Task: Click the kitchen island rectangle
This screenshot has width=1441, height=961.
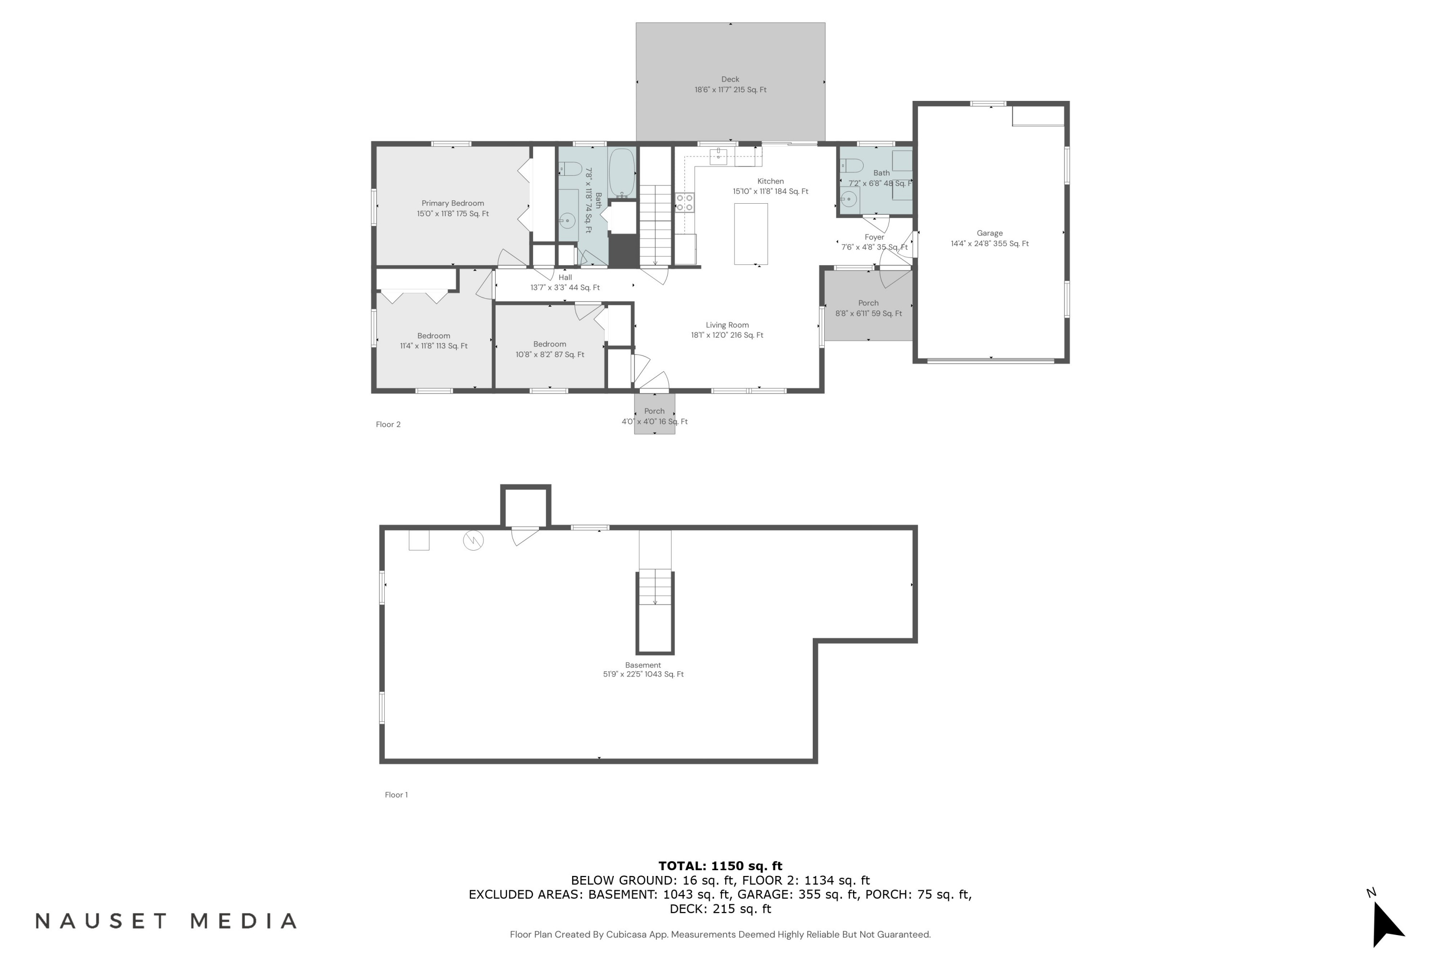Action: coord(751,234)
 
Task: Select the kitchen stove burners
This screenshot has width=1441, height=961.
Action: coord(685,202)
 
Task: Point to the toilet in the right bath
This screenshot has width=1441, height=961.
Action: coord(852,165)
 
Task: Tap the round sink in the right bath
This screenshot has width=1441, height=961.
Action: coord(849,198)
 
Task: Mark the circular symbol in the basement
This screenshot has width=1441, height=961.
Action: coord(473,540)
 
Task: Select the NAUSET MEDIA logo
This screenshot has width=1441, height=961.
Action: coord(166,921)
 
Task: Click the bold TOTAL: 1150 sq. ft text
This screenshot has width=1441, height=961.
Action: coord(720,866)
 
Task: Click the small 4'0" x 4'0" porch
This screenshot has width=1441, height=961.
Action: coord(654,414)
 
